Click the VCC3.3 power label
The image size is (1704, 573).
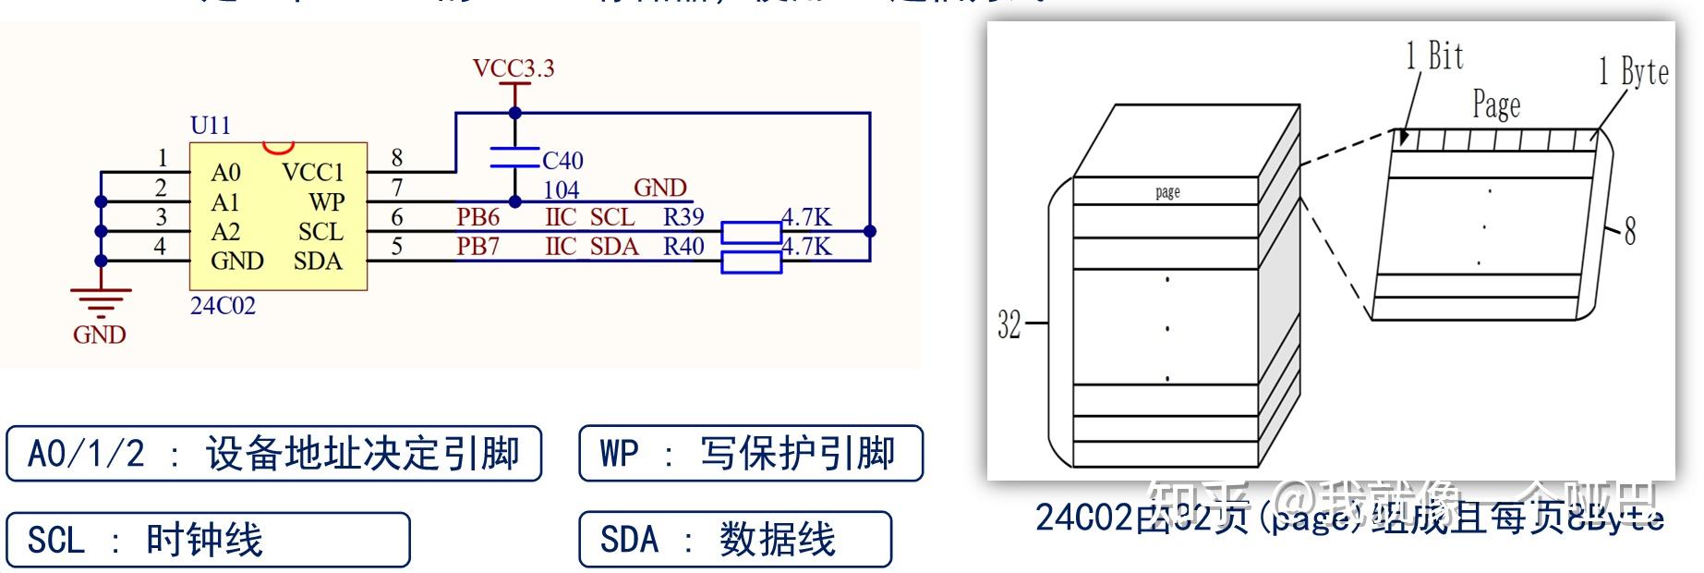click(513, 68)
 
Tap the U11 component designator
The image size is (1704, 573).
click(210, 126)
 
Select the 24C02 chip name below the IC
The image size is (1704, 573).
click(223, 306)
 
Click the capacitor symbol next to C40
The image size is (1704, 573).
click(514, 157)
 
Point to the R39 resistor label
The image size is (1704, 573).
click(683, 217)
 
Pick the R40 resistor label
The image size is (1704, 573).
click(683, 247)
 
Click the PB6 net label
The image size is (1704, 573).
click(477, 217)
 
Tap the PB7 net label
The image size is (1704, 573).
click(477, 247)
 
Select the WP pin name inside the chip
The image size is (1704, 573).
click(327, 202)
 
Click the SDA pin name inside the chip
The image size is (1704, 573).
click(318, 262)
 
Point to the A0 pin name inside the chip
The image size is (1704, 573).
click(225, 173)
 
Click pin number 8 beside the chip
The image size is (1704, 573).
click(397, 158)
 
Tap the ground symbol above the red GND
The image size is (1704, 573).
click(101, 301)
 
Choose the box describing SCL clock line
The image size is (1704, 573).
click(208, 540)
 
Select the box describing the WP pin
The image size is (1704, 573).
click(750, 454)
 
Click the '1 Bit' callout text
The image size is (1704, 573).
click(1434, 56)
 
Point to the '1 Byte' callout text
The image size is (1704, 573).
click(1633, 71)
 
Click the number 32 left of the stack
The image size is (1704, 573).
click(1009, 324)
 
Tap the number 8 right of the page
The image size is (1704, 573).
click(1630, 230)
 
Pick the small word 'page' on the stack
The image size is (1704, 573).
click(1167, 192)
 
